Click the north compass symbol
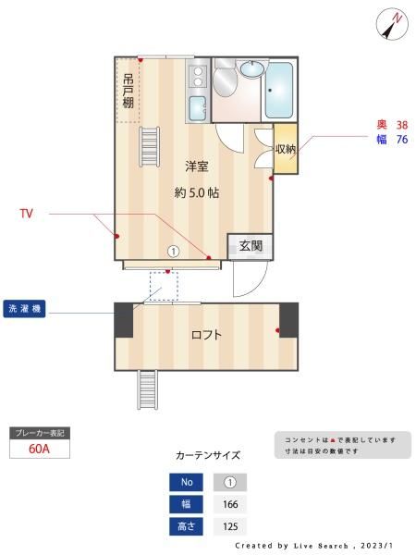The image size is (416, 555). coord(392,24)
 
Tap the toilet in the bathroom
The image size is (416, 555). coord(225,79)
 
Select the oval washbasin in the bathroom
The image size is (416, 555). coord(251,68)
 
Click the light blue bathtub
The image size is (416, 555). coord(279,91)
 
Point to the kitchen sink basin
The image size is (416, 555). coord(198,108)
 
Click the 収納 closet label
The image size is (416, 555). coord(286,149)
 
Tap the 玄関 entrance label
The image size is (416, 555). coord(251,246)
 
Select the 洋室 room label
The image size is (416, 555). coord(197,166)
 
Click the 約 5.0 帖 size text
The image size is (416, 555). coord(197,193)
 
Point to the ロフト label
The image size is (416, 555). coord(206,335)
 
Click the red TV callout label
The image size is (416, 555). coord(27,214)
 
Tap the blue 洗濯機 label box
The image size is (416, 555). coord(24,309)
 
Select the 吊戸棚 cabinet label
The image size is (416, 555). coord(128,91)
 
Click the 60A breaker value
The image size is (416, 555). coord(39,449)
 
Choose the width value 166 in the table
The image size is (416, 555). coord(230,504)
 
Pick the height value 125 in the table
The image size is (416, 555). coord(230,526)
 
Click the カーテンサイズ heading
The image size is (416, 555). coord(208,455)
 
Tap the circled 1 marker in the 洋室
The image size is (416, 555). coord(174,252)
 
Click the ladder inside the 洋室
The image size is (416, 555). coord(149,146)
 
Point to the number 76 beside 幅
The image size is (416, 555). coord(402,140)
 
